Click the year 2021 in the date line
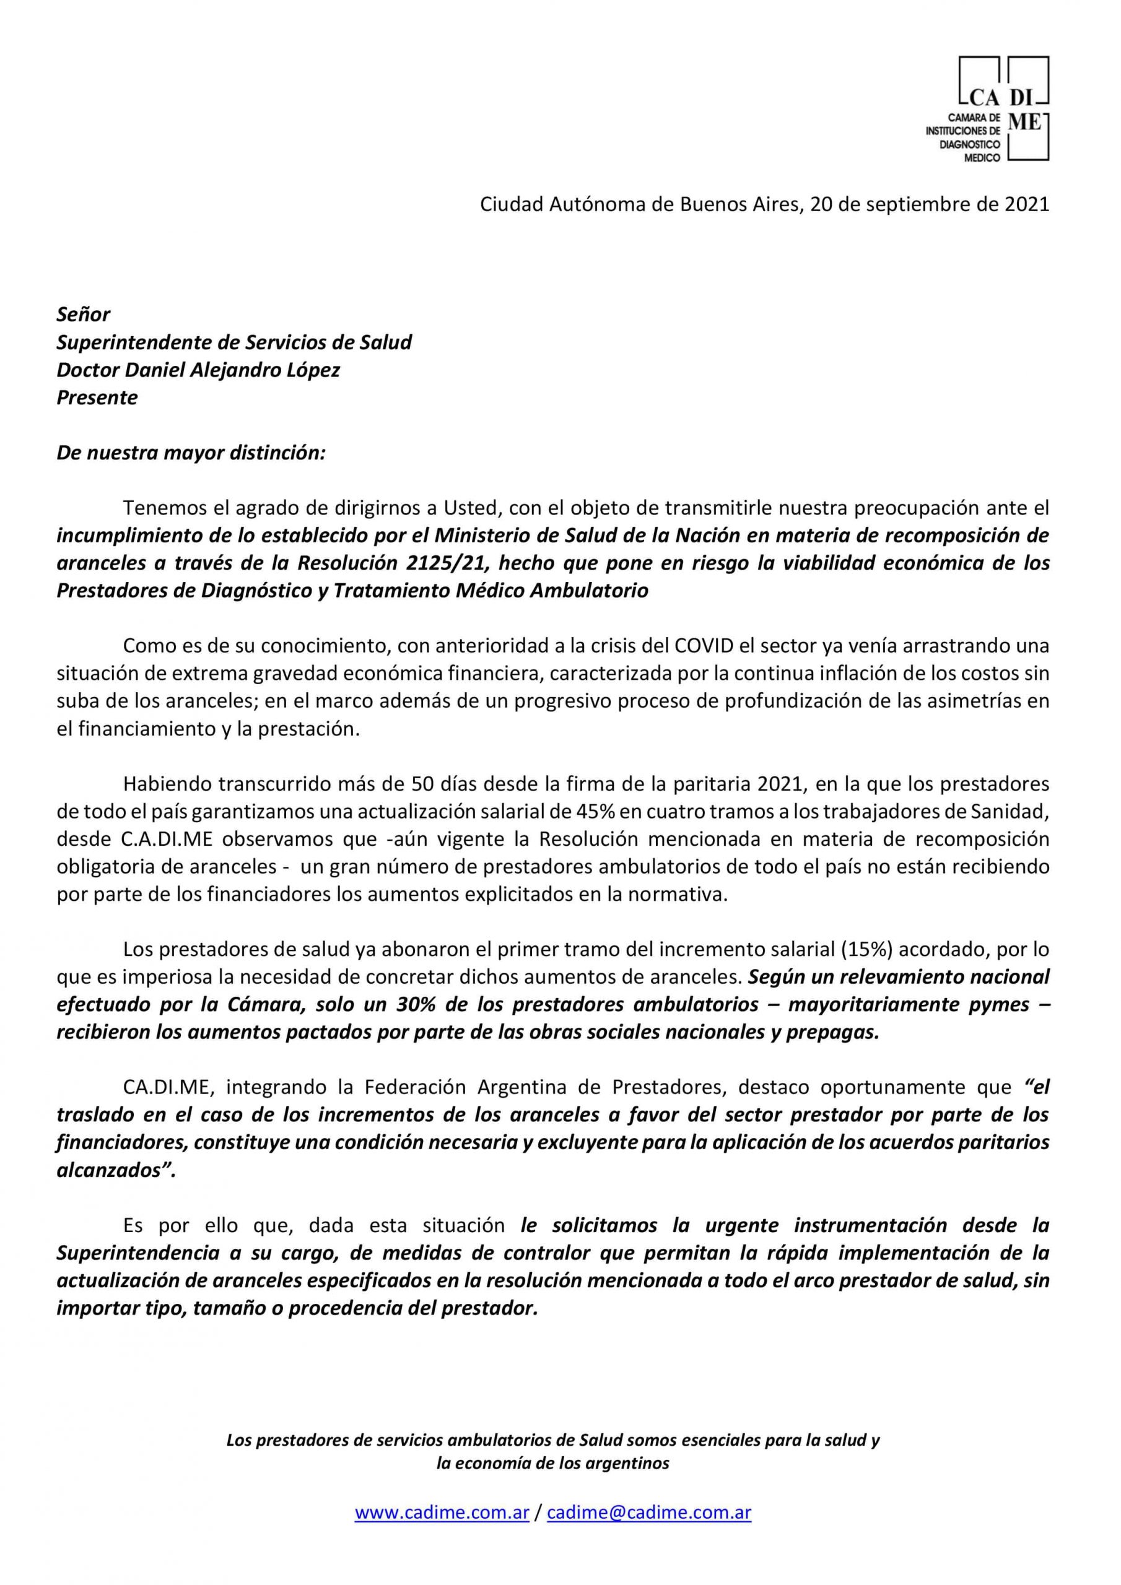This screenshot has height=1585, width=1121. pos(1025,205)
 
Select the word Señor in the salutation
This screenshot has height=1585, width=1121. pos(83,315)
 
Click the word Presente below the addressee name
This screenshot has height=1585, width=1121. pos(97,397)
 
